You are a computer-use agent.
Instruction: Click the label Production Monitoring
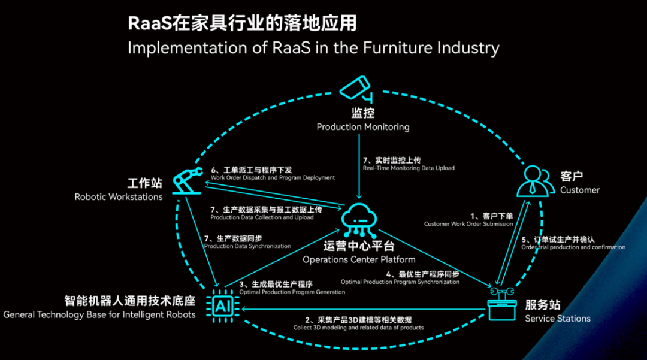tap(363, 127)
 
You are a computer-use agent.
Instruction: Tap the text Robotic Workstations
tap(119, 196)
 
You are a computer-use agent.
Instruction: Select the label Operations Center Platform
tap(359, 259)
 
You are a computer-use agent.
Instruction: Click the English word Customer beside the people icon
tap(580, 190)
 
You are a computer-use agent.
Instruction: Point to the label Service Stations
tap(558, 319)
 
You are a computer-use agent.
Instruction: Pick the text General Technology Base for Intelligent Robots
tap(99, 314)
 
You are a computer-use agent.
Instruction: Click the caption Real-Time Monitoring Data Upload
tap(409, 168)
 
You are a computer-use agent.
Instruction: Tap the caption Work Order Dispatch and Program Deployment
tap(273, 178)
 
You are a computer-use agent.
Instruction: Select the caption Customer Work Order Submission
tap(468, 224)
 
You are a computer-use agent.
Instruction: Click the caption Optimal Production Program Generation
tap(292, 292)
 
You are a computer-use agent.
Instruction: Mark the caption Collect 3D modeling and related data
tap(358, 328)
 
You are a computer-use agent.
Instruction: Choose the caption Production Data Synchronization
tap(247, 246)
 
